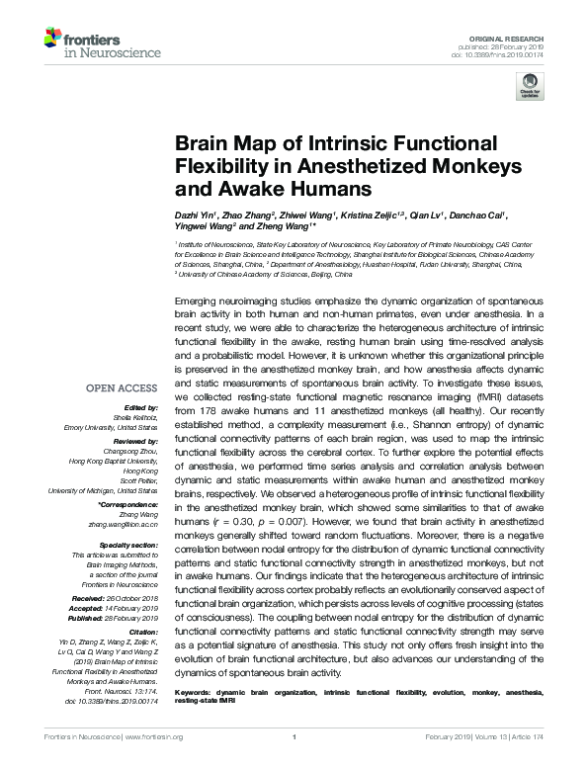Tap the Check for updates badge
coord(530,87)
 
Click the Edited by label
coord(138,407)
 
